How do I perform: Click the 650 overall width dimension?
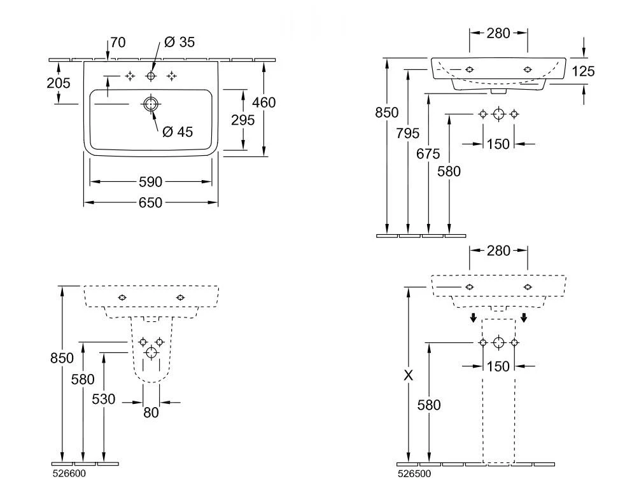tap(151, 202)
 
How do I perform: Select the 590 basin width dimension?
tap(151, 182)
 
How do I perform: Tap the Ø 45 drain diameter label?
tap(178, 132)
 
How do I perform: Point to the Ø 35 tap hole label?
tap(179, 43)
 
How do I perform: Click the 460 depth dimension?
tap(263, 102)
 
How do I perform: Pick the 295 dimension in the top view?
tap(243, 120)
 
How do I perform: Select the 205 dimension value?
tap(59, 83)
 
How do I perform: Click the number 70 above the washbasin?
tap(118, 43)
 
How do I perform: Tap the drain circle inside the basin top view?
tap(150, 104)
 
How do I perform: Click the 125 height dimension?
tap(583, 71)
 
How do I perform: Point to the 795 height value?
tap(407, 133)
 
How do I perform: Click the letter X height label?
tap(408, 375)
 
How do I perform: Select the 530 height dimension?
tap(104, 399)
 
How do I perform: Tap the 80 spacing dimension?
tap(151, 412)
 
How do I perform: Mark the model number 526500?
tap(414, 473)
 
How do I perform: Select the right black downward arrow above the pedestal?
tap(523, 317)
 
